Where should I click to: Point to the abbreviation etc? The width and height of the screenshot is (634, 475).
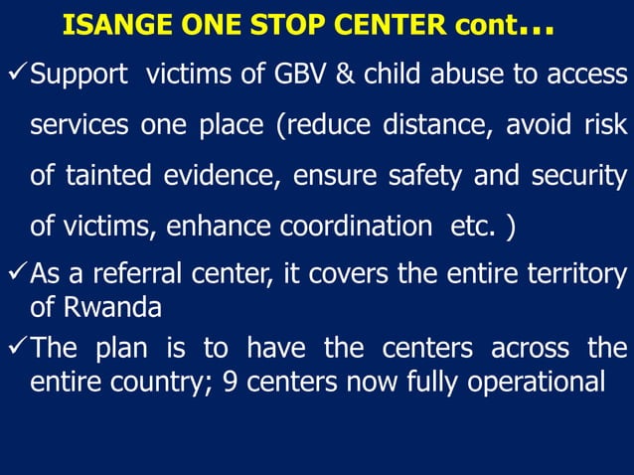coord(471,227)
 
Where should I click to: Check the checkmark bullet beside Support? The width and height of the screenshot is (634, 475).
coord(15,75)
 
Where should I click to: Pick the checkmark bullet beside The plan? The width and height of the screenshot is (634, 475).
coord(15,348)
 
